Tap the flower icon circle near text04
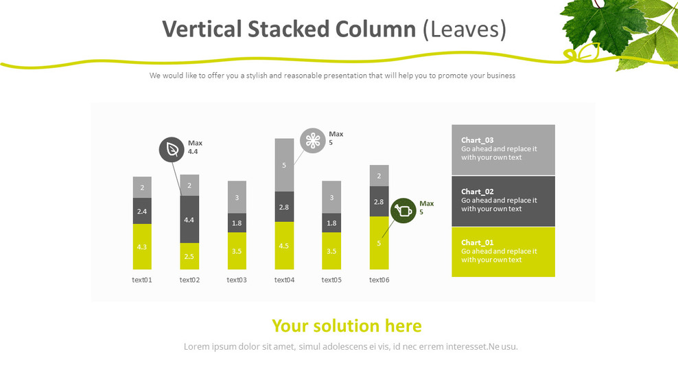pos(313,140)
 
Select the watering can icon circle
pos(404,210)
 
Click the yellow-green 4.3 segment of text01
pos(142,246)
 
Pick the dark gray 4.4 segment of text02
pos(189,219)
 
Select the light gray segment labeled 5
pos(284,165)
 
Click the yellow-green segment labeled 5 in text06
pos(379,243)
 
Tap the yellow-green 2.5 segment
pos(189,256)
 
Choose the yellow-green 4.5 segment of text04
pos(284,245)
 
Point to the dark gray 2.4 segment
pos(142,212)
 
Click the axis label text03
pos(237,280)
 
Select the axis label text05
pos(331,280)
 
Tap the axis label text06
pos(379,280)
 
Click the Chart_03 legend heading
pos(478,140)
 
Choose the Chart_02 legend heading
pos(478,192)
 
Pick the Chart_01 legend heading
pos(478,243)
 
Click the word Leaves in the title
pos(464,29)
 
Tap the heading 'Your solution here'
pos(347,326)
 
